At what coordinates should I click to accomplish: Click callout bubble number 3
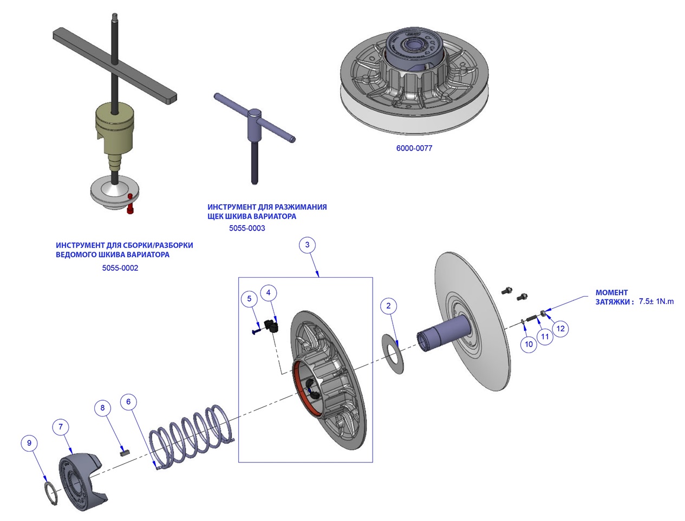[x=307, y=245]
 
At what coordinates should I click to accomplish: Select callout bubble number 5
[x=249, y=298]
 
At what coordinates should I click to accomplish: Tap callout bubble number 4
[x=269, y=293]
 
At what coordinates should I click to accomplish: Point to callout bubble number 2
[x=388, y=306]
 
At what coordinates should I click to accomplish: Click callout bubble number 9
[x=29, y=443]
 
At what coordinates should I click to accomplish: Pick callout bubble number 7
[x=61, y=427]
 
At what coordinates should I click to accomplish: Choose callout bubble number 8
[x=102, y=408]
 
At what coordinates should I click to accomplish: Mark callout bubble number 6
[x=128, y=402]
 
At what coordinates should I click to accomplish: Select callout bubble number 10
[x=529, y=344]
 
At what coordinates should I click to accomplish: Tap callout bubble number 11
[x=545, y=337]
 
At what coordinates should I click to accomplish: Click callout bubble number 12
[x=560, y=328]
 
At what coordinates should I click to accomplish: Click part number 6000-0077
[x=414, y=148]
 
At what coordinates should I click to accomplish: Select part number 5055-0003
[x=247, y=229]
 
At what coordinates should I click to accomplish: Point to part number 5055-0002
[x=120, y=268]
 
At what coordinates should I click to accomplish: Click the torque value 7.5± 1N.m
[x=656, y=302]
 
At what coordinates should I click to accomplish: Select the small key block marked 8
[x=125, y=451]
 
